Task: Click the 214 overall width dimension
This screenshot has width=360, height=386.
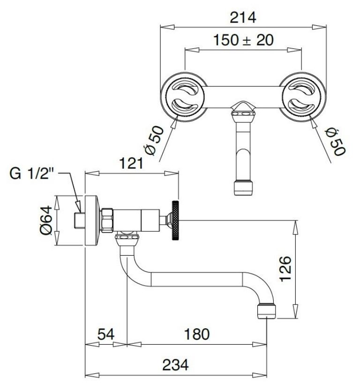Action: pyautogui.click(x=243, y=18)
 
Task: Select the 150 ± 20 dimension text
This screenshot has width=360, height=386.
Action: pyautogui.click(x=243, y=40)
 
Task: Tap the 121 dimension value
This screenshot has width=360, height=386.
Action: pyautogui.click(x=131, y=163)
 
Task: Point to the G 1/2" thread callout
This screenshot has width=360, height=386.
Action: pyautogui.click(x=31, y=174)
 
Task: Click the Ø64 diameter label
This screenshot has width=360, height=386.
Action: pyautogui.click(x=46, y=220)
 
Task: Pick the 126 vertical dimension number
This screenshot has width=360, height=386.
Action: pyautogui.click(x=285, y=269)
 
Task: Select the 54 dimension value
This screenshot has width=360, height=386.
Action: pyautogui.click(x=106, y=334)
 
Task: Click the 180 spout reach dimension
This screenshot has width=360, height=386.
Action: pyautogui.click(x=196, y=334)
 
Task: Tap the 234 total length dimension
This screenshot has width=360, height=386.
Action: pyautogui.click(x=175, y=365)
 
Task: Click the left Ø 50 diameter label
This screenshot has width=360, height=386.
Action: pyautogui.click(x=154, y=140)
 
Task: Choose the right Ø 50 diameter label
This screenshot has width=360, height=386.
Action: pyautogui.click(x=336, y=142)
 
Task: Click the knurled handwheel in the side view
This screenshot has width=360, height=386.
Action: pyautogui.click(x=175, y=220)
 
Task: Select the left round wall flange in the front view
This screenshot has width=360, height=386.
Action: pyautogui.click(x=184, y=97)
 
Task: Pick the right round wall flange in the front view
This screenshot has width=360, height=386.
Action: pyautogui.click(x=302, y=97)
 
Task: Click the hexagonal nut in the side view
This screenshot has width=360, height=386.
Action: pyautogui.click(x=107, y=220)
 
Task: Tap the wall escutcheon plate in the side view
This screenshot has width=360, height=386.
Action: pyautogui.click(x=92, y=220)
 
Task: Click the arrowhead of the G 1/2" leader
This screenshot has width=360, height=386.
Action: pyautogui.click(x=78, y=207)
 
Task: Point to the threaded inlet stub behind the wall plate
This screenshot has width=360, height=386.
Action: pyautogui.click(x=80, y=220)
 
